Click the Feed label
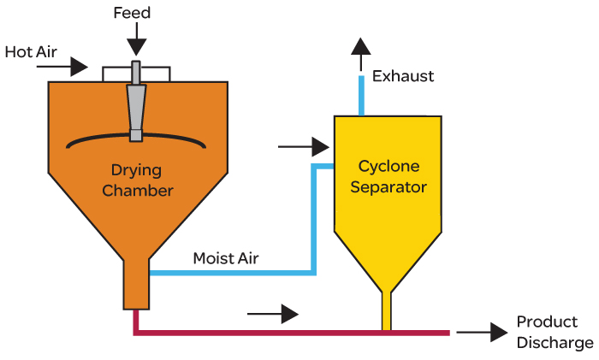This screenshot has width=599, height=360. (x=132, y=13)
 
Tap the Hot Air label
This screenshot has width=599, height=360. (x=31, y=52)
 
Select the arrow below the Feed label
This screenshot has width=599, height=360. (x=136, y=39)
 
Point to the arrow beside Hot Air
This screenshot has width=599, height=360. (x=62, y=67)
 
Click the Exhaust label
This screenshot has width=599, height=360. (x=403, y=76)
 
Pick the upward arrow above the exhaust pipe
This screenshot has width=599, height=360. (x=361, y=55)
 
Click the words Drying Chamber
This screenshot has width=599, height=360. (x=138, y=180)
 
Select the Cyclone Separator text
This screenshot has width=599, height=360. (x=388, y=176)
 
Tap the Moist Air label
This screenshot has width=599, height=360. (x=226, y=258)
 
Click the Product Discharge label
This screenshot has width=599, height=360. (x=555, y=332)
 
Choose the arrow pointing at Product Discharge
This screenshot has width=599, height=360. (x=482, y=332)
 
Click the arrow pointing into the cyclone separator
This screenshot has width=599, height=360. (x=304, y=146)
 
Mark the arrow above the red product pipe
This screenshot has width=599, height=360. (x=273, y=314)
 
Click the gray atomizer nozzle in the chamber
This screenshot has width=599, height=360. (x=136, y=101)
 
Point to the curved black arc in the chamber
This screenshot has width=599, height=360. (x=136, y=139)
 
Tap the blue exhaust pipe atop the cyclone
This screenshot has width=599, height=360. (x=361, y=96)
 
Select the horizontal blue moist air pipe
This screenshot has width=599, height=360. (x=232, y=273)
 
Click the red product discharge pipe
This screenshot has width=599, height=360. (x=291, y=333)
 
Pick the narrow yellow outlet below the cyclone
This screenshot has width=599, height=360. (x=386, y=311)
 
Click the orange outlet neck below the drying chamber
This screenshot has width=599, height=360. (x=136, y=285)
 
